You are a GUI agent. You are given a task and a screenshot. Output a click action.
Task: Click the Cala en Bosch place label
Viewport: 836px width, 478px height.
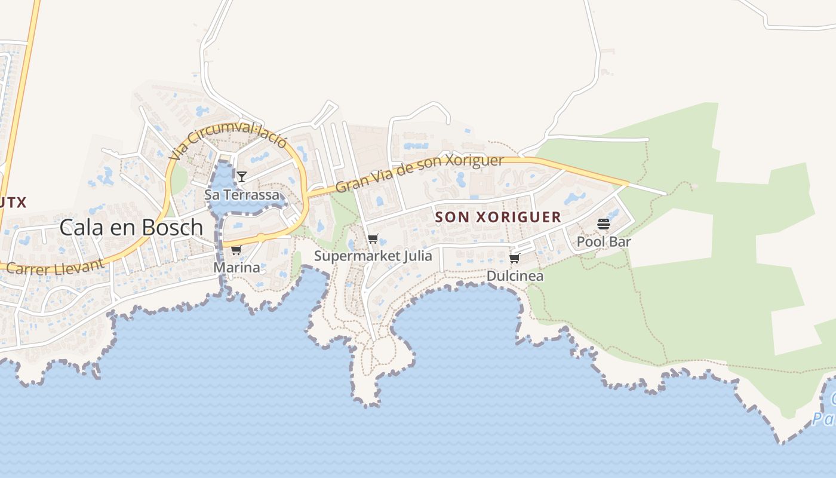point(131,228)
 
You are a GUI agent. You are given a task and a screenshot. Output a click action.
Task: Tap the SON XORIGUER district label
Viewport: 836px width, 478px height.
point(498,217)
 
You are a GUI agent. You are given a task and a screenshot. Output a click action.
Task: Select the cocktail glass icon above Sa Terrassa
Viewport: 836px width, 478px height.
point(242,176)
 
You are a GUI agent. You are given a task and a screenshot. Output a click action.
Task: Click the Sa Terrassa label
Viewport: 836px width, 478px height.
point(242,195)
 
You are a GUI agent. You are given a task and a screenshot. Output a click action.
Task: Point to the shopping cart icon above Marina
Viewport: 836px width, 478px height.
point(236,250)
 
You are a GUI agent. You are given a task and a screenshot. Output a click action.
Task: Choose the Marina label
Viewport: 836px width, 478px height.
point(237,267)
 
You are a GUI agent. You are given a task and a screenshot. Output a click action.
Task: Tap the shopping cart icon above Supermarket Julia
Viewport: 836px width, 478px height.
point(373,239)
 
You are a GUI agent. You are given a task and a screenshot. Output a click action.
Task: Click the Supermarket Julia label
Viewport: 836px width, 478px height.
point(373,256)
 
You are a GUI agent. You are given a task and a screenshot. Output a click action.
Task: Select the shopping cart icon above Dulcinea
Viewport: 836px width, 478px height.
point(515,258)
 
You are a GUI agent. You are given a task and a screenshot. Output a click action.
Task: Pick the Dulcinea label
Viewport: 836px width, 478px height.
point(515,276)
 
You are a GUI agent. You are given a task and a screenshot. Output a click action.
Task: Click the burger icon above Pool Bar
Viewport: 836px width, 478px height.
point(604,224)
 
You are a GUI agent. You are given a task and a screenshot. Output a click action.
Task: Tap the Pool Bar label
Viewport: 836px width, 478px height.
point(604,242)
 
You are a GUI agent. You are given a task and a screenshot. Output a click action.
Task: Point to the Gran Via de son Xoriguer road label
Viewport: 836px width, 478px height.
point(420,173)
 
